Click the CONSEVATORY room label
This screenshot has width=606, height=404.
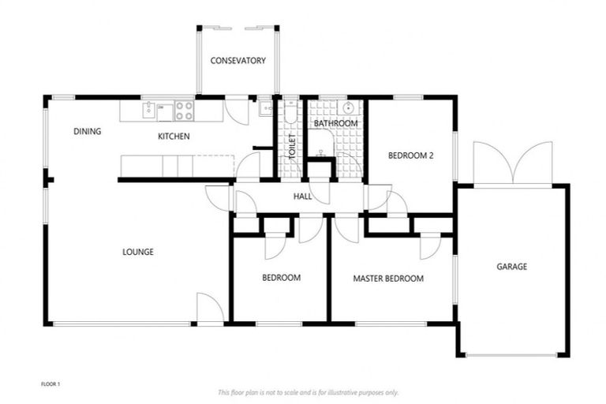click(x=238, y=61)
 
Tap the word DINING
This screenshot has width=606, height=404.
click(x=87, y=132)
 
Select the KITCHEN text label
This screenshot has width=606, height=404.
click(x=174, y=137)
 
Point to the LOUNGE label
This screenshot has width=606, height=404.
click(x=137, y=252)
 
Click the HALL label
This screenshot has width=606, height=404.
click(x=302, y=196)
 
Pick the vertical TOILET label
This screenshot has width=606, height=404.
click(x=291, y=148)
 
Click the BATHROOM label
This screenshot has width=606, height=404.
click(x=335, y=124)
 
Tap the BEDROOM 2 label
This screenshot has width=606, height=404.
click(x=410, y=156)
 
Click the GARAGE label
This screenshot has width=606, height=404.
click(x=511, y=267)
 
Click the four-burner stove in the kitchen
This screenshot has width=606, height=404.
click(x=185, y=110)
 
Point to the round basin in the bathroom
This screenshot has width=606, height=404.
click(x=348, y=108)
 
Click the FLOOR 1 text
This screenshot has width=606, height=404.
click(x=50, y=384)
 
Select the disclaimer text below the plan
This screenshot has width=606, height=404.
click(x=308, y=392)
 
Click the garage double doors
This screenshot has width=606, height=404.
click(x=513, y=163)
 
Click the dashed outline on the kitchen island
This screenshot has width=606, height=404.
click(x=215, y=166)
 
